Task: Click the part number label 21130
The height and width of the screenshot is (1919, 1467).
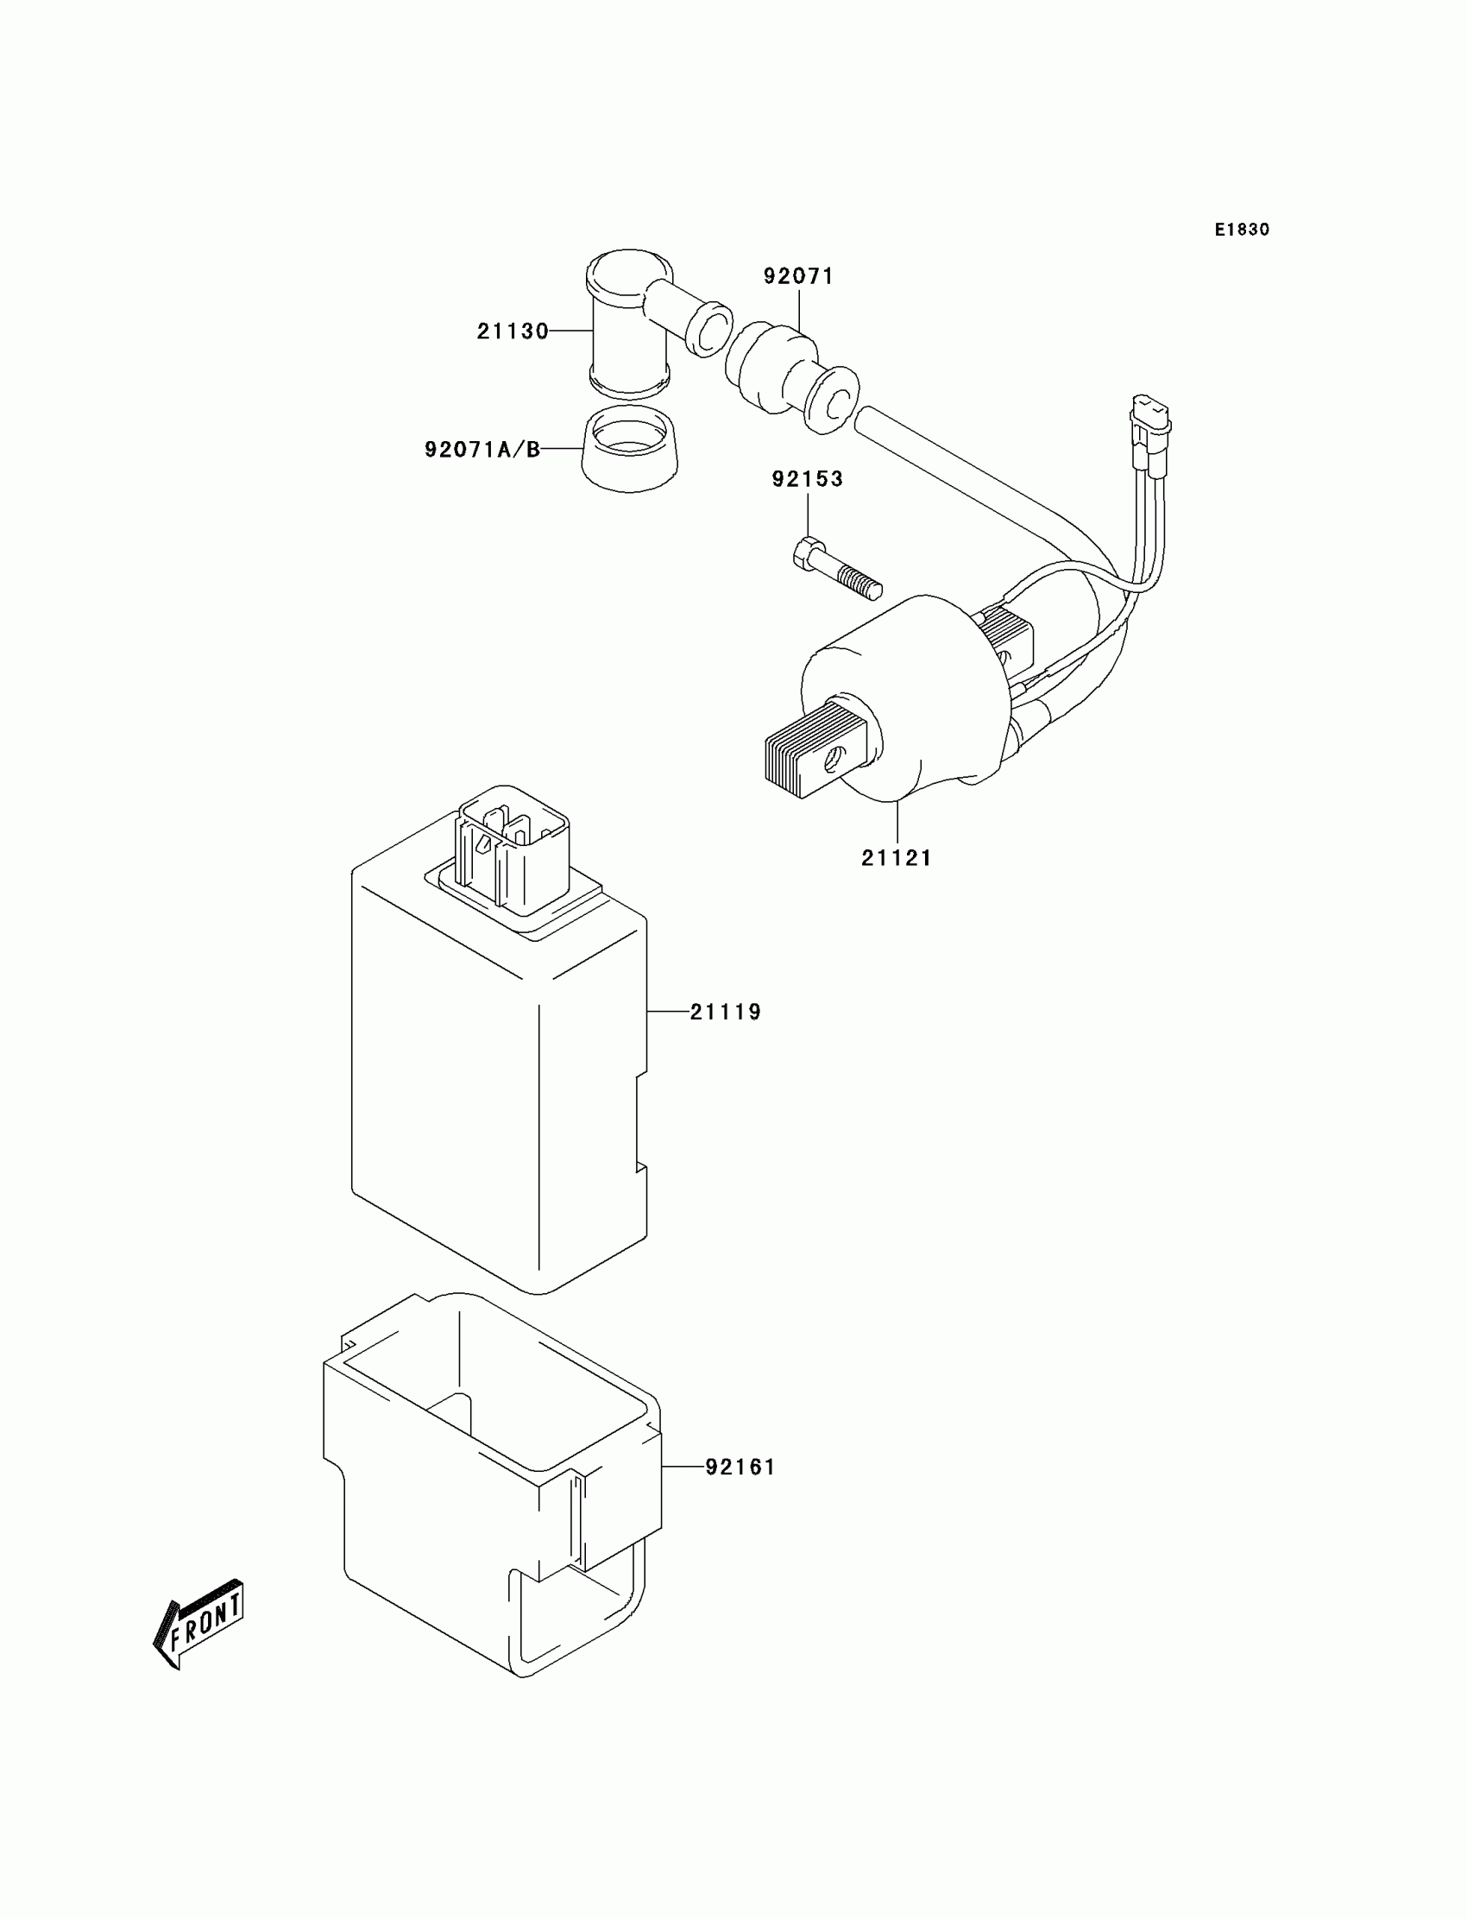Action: click(x=512, y=331)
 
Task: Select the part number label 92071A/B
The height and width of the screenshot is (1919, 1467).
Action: click(x=482, y=450)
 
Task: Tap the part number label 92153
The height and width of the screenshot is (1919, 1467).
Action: click(x=807, y=478)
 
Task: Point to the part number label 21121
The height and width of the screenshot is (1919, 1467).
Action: click(x=897, y=858)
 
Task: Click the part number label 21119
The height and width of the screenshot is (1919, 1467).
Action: click(x=726, y=1012)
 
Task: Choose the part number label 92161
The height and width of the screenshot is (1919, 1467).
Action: click(x=740, y=1467)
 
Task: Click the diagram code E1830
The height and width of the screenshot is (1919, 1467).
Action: click(x=1242, y=230)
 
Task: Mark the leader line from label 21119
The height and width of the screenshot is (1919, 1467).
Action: click(x=668, y=1012)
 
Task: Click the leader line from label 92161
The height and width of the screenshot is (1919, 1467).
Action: click(x=683, y=1467)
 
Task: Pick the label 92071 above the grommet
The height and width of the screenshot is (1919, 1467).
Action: click(x=798, y=276)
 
